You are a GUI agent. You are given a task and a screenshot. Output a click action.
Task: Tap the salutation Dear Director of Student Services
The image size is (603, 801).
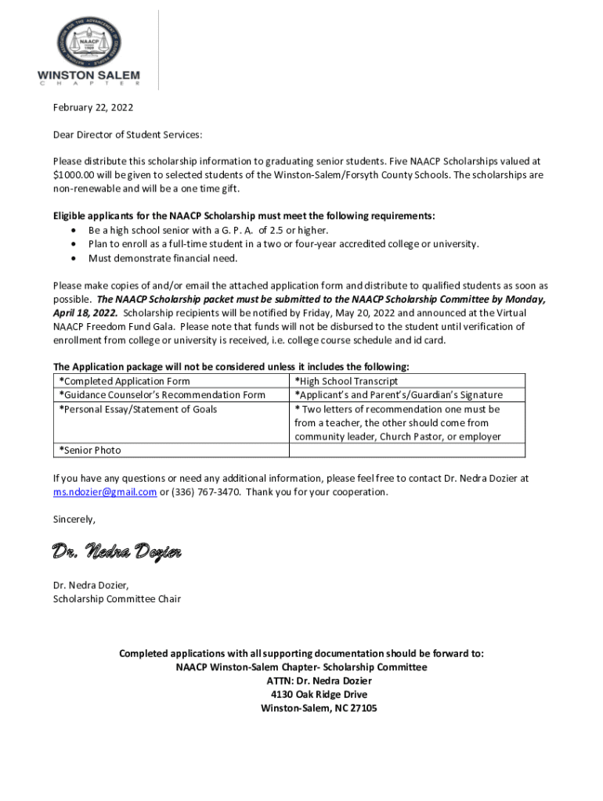click(x=127, y=135)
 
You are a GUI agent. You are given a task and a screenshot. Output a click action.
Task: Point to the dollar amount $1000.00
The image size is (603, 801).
click(x=77, y=175)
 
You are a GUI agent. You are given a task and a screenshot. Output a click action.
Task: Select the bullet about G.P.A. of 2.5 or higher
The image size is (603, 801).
click(x=208, y=230)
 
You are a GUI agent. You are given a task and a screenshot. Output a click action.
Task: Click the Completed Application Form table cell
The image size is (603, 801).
click(x=125, y=381)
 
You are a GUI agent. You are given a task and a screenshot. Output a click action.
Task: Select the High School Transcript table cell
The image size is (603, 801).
click(x=346, y=381)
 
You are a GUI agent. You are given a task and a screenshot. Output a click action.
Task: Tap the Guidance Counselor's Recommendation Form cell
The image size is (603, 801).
click(x=162, y=395)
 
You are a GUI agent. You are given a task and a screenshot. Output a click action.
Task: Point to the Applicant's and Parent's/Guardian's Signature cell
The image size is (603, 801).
click(x=398, y=395)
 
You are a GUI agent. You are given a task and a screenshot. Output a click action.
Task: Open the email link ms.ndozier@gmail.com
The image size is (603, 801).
click(x=105, y=492)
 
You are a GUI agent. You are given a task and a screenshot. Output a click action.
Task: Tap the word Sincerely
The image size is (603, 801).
click(x=74, y=519)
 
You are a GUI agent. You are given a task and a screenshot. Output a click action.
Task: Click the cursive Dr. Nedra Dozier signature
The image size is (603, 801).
click(x=117, y=552)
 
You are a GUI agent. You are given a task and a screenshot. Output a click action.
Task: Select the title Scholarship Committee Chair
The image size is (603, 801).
click(x=117, y=599)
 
